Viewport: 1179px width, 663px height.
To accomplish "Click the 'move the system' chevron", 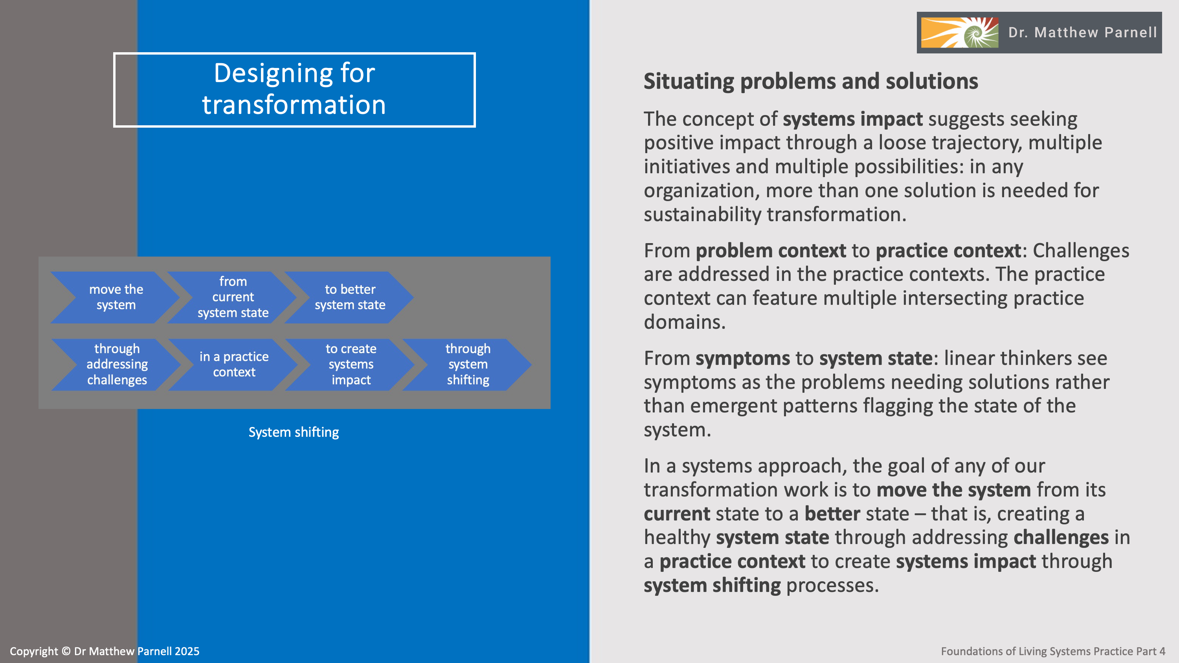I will pos(116,297).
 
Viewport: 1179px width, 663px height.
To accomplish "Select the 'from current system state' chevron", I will pos(233,297).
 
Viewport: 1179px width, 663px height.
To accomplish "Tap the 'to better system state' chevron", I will pos(350,297).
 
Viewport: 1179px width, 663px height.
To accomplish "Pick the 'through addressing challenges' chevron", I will pos(117,364).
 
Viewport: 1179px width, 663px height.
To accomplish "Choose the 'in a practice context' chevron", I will pos(234,364).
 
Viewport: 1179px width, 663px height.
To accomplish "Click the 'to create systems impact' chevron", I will pos(351,364).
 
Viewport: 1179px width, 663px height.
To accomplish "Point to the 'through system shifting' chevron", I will pos(468,364).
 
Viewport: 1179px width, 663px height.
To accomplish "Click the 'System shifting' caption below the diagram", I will pos(294,432).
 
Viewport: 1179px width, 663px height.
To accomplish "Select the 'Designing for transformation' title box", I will pos(294,90).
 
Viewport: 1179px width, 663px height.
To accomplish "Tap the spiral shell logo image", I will pos(959,33).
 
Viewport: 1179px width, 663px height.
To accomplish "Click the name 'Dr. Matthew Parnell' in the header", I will pos(1082,33).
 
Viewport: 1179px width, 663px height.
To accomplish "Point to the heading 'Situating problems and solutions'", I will pos(810,81).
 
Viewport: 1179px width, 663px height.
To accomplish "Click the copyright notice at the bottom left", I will pos(105,651).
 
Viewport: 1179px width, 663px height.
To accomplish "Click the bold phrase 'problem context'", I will pos(771,251).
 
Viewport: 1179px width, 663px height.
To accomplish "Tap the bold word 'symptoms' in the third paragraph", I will pos(742,358).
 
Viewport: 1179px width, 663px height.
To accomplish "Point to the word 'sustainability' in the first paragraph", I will pos(703,214).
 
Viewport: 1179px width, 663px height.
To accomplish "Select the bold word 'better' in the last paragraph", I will pos(832,514).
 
